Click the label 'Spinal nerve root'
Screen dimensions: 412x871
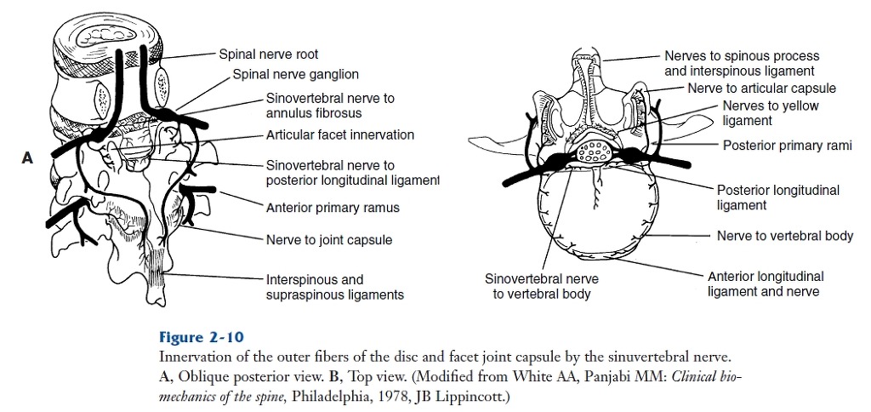click(x=269, y=54)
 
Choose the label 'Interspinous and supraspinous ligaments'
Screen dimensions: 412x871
click(x=334, y=287)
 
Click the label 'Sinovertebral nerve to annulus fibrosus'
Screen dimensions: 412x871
click(x=330, y=106)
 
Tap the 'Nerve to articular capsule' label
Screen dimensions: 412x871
click(x=761, y=89)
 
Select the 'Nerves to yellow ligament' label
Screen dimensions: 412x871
click(x=770, y=113)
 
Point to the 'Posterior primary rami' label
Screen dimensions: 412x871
click(x=787, y=146)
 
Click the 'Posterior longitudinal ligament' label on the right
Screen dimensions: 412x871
click(x=777, y=197)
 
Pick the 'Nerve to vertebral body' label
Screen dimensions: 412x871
click(x=784, y=236)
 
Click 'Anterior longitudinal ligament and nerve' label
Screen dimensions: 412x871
click(x=765, y=283)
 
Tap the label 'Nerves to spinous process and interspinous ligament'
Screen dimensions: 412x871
click(x=739, y=64)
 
